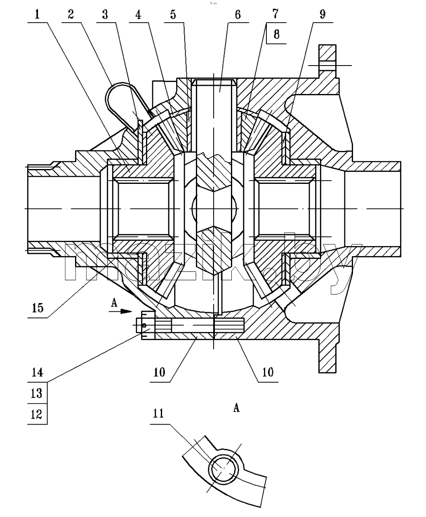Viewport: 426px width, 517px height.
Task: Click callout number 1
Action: pos(38,14)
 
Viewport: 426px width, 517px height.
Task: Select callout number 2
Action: pos(71,14)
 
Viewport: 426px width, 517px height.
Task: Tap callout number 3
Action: pos(105,14)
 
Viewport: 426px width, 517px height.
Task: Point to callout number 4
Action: pos(138,14)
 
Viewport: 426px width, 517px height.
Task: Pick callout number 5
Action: pos(173,14)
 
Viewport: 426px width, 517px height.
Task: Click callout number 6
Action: pos(238,14)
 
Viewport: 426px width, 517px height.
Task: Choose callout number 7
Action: pos(275,14)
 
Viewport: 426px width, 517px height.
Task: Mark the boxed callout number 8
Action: pos(277,34)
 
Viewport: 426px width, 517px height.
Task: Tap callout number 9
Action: pos(322,14)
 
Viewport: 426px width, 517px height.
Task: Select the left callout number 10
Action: pos(160,372)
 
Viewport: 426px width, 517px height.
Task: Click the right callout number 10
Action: pos(268,372)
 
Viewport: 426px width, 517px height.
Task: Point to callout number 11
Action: pos(158,413)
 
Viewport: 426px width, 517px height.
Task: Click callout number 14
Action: pos(38,372)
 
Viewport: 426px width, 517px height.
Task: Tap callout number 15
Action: pos(38,308)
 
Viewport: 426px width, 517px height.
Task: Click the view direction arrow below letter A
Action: pos(120,311)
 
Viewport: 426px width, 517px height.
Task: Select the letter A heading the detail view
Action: pos(237,408)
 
